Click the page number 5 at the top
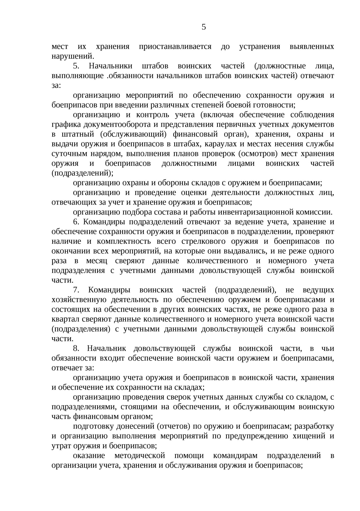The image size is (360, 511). click(x=204, y=27)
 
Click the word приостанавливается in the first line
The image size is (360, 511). click(x=175, y=47)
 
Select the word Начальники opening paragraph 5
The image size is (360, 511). click(x=110, y=66)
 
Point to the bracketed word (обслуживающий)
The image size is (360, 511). click(x=133, y=134)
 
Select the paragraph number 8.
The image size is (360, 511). click(x=76, y=349)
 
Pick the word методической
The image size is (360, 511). click(x=140, y=456)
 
